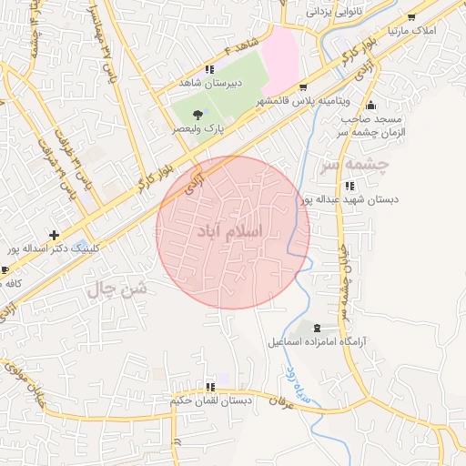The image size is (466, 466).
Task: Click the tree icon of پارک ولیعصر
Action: click(x=198, y=115)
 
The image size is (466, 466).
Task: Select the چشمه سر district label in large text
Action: click(x=354, y=166)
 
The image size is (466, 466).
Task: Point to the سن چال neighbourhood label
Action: click(x=116, y=290)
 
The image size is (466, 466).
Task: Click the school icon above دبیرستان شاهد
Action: click(x=210, y=68)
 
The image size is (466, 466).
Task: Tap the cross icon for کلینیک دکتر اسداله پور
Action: click(x=54, y=234)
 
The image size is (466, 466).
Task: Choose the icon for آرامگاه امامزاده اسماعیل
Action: click(x=317, y=328)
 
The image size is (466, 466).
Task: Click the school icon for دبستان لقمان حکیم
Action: click(x=211, y=386)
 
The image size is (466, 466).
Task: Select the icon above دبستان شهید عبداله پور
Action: click(x=351, y=186)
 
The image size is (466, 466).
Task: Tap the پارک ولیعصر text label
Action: click(x=199, y=129)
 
